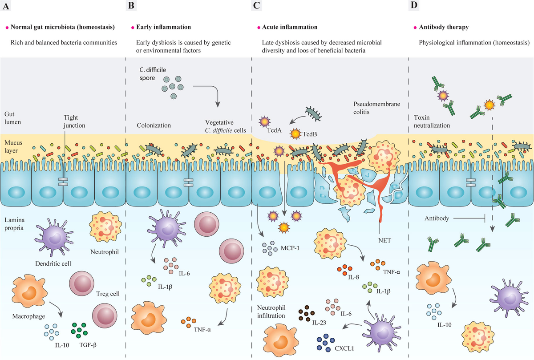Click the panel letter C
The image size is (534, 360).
click(256, 5)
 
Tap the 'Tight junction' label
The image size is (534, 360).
click(74, 121)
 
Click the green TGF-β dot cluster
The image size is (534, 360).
click(79, 330)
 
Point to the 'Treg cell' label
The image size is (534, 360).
click(108, 294)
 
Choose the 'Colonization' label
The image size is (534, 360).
click(154, 125)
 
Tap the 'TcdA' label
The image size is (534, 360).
click(274, 130)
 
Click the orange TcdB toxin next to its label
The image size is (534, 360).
click(295, 134)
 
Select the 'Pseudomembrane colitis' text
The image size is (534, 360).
click(376, 108)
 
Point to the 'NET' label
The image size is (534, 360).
click(384, 240)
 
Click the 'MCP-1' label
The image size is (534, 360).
click(290, 248)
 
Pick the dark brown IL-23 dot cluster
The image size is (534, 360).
click(307, 313)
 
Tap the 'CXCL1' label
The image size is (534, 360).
click(344, 348)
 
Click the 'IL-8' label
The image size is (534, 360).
click(353, 277)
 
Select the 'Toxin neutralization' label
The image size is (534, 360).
click(432, 121)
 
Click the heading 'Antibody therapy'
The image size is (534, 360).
click(444, 27)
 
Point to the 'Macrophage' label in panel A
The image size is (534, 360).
click(28, 316)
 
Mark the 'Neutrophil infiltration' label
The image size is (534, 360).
click(271, 311)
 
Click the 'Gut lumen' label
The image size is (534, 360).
click(12, 118)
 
